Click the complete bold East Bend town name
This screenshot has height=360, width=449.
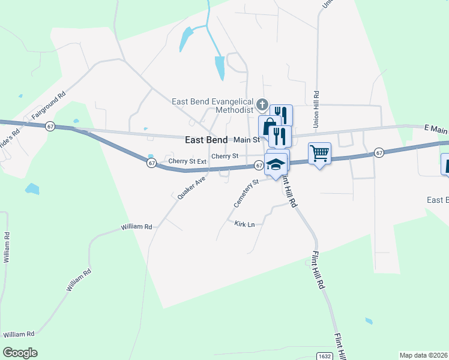(206, 139)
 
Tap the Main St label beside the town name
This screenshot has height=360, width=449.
(246, 139)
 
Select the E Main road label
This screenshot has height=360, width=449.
(436, 128)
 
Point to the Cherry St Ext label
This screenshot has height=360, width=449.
(187, 161)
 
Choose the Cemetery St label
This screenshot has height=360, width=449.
(246, 193)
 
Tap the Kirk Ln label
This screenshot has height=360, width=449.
(244, 224)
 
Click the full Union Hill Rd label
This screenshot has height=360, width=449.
(316, 109)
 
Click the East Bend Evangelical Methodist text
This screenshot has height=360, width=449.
(213, 106)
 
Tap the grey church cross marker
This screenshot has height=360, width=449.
(262, 106)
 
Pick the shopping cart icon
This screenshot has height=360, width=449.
(319, 153)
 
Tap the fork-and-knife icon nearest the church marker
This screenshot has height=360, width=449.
(281, 115)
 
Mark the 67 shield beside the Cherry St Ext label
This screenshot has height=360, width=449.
(152, 163)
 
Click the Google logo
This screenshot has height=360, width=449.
(20, 353)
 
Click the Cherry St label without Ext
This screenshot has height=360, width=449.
(225, 156)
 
